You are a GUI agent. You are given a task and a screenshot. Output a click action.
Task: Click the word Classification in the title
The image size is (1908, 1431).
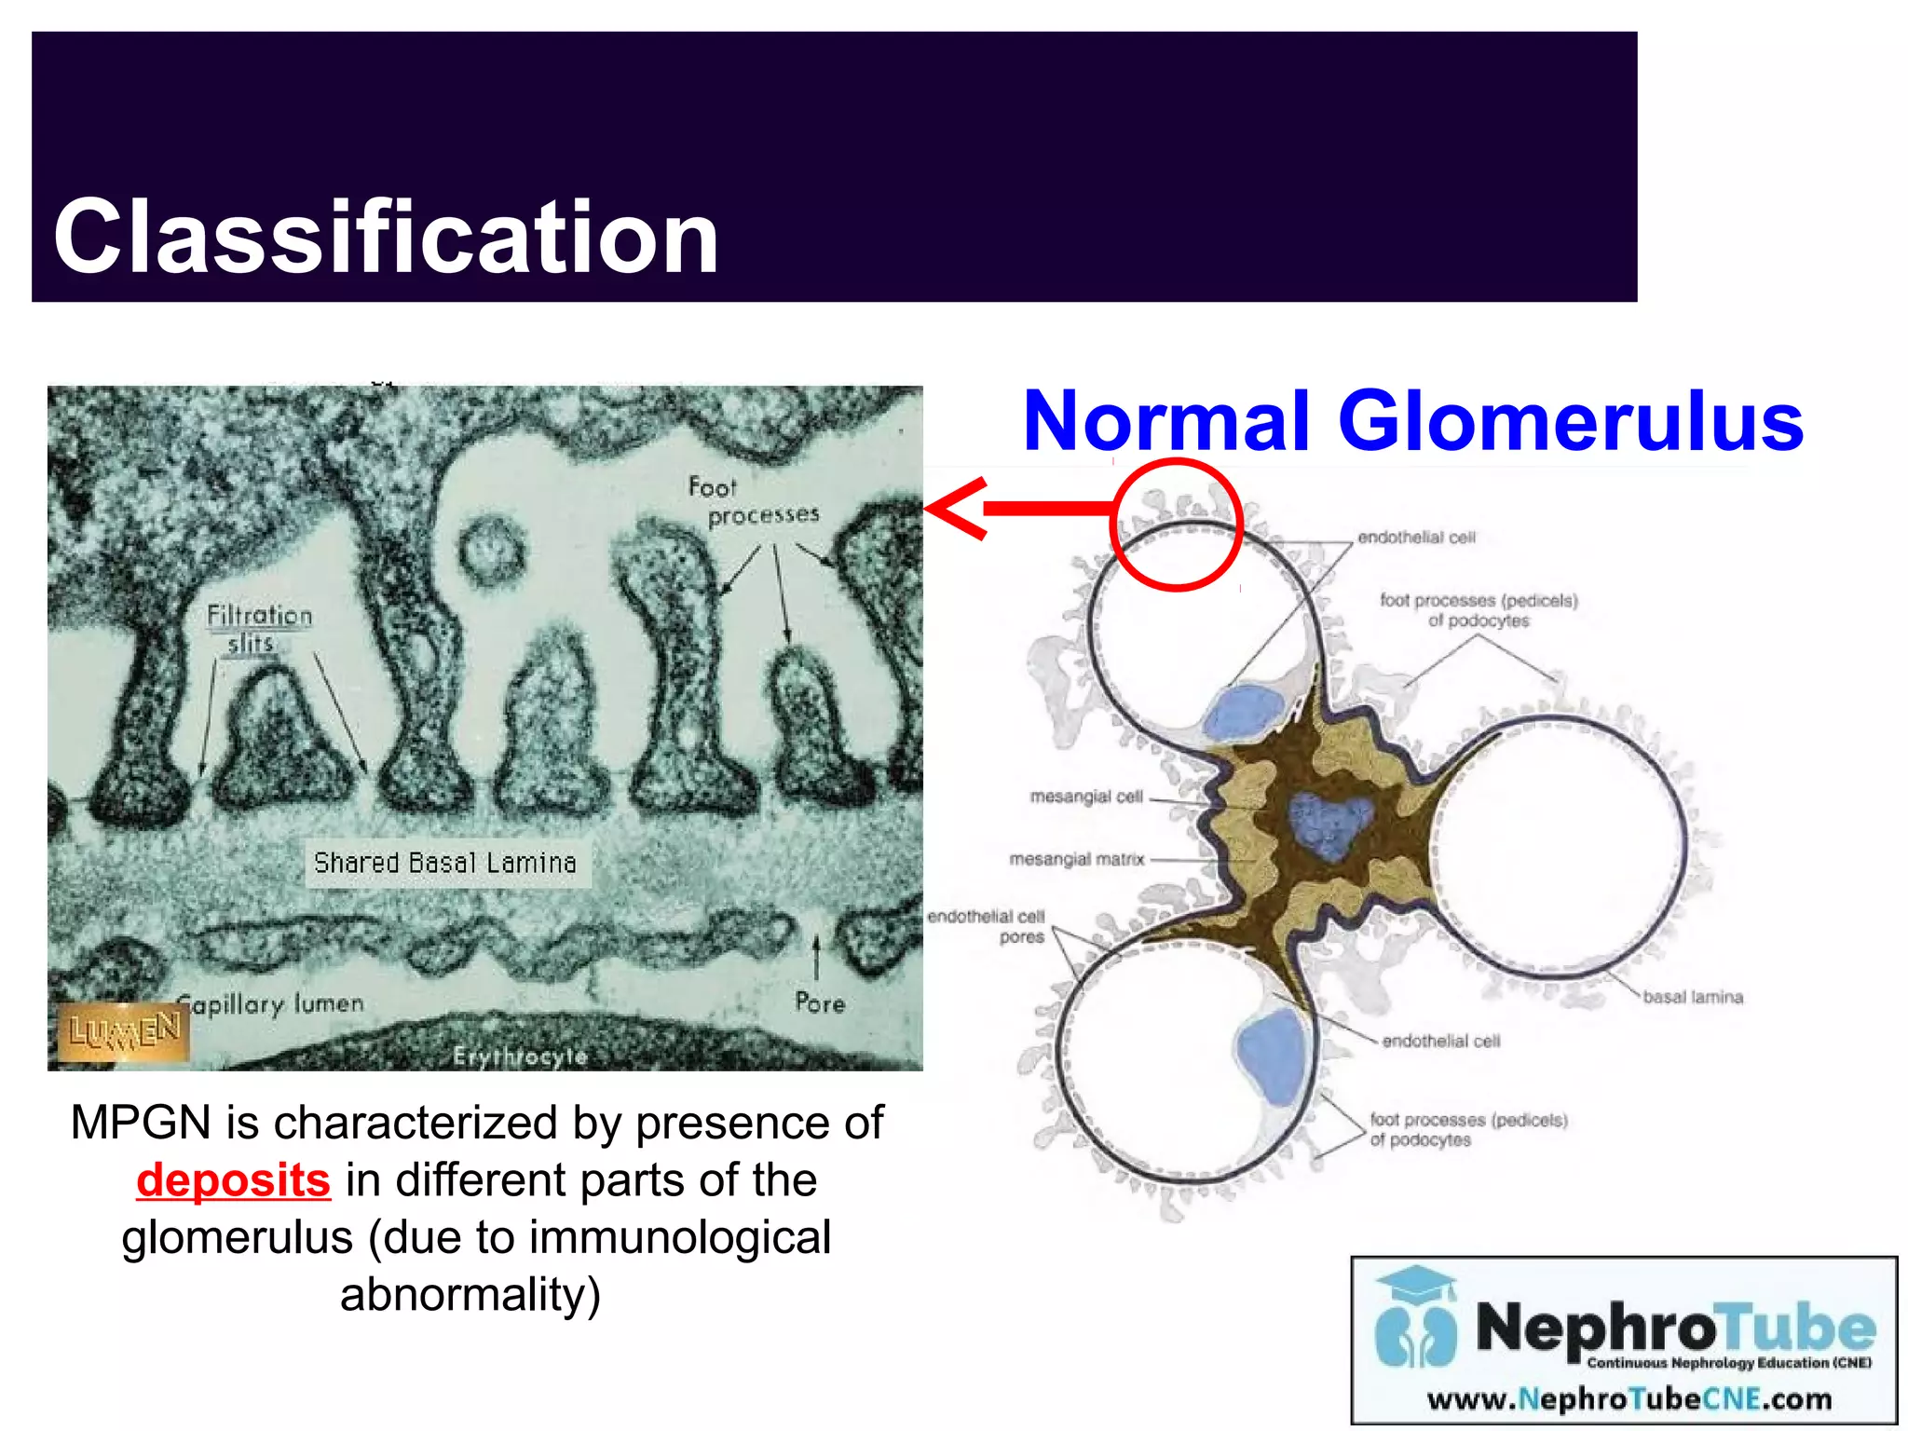click(x=386, y=238)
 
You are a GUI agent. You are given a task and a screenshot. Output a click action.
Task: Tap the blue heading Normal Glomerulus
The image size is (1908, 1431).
click(x=1412, y=421)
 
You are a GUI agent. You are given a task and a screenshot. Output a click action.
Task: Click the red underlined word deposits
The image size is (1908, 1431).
click(x=233, y=1180)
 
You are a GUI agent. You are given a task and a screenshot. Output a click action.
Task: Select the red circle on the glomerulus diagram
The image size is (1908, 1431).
click(x=1177, y=525)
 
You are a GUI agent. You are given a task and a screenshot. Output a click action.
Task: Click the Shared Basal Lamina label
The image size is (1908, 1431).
click(x=445, y=863)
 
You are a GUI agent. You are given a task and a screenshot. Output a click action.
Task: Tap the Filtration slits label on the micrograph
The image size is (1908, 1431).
click(x=258, y=629)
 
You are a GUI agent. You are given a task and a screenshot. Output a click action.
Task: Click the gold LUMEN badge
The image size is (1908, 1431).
click(x=124, y=1031)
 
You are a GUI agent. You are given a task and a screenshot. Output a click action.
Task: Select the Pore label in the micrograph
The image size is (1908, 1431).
click(x=819, y=1003)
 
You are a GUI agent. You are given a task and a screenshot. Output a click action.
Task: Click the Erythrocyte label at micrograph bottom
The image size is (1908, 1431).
click(x=520, y=1056)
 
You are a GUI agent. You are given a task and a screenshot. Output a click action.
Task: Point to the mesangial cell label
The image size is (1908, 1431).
click(x=1085, y=797)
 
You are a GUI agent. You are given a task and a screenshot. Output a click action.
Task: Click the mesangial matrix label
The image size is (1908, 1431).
click(x=1076, y=859)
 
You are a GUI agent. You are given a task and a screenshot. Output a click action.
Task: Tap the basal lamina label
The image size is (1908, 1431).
click(x=1692, y=997)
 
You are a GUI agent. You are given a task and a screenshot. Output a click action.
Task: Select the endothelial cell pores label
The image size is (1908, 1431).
click(x=988, y=926)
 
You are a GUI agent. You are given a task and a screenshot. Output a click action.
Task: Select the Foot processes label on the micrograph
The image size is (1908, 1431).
click(x=752, y=500)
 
